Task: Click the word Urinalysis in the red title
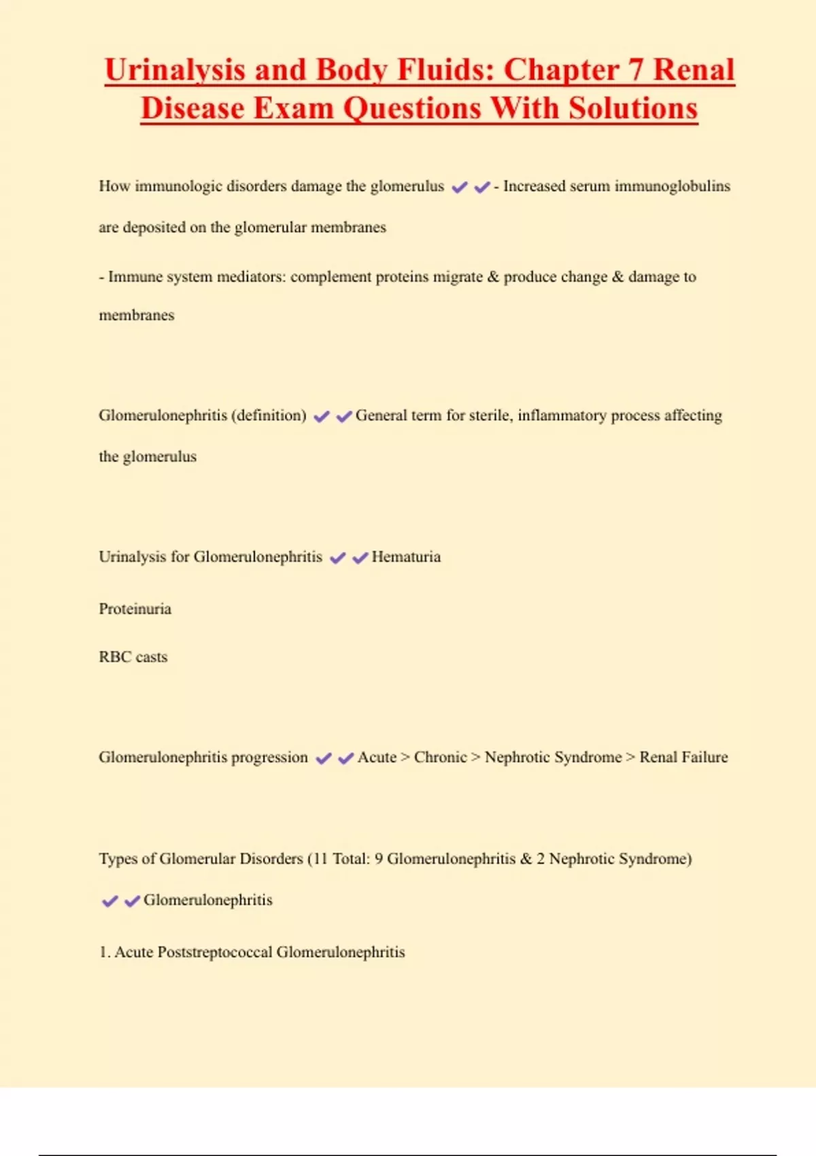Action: click(x=175, y=71)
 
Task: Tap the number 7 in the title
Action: click(x=634, y=71)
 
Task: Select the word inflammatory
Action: click(x=562, y=415)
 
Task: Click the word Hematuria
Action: click(x=406, y=557)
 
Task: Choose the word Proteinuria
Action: click(x=135, y=609)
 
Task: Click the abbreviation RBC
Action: click(x=115, y=657)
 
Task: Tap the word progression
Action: click(x=269, y=758)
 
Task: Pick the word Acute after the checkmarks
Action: click(x=377, y=758)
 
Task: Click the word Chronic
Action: click(x=440, y=758)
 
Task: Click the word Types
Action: click(x=118, y=859)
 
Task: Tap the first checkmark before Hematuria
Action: click(x=337, y=558)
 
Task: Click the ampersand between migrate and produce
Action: click(x=493, y=277)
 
